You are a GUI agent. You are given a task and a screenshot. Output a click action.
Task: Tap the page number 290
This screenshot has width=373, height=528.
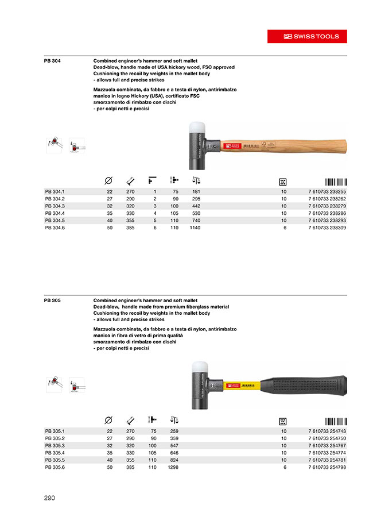pyautogui.click(x=50, y=498)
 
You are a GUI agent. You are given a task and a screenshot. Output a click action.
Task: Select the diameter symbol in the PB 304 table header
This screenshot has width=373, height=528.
pyautogui.click(x=108, y=179)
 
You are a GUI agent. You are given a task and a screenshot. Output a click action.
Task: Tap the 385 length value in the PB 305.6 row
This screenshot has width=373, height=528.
pyautogui.click(x=130, y=467)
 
